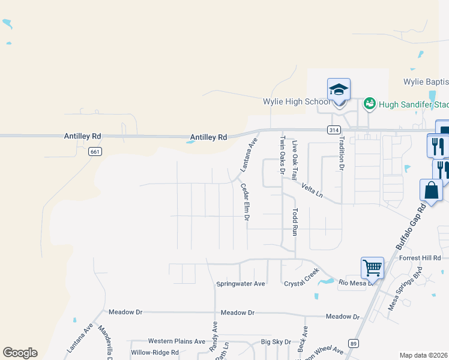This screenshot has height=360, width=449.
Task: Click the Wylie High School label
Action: click(x=297, y=101)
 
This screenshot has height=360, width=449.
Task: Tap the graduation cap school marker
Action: click(x=339, y=90)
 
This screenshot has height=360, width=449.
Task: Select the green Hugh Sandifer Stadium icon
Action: click(x=369, y=104)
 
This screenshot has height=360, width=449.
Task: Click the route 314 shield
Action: click(x=334, y=130)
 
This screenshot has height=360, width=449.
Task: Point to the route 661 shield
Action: click(x=94, y=151)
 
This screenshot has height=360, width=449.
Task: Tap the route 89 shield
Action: click(x=354, y=343)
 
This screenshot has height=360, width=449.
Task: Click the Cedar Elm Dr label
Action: click(x=245, y=201)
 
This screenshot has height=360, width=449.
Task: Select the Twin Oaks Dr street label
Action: click(x=282, y=155)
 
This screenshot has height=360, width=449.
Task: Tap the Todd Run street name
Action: click(x=295, y=222)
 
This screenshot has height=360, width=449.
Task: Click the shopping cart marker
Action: click(x=372, y=268)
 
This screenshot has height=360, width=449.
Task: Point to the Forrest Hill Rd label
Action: click(x=420, y=258)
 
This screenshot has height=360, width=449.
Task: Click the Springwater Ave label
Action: click(x=241, y=283)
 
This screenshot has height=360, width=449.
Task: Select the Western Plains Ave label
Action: click(x=176, y=341)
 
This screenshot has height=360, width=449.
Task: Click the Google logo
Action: click(x=20, y=353)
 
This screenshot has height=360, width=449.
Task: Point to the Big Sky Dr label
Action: click(x=276, y=342)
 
